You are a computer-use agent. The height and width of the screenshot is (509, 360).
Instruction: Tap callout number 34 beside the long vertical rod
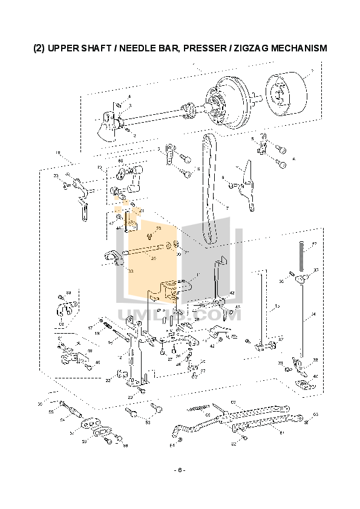point(313,314)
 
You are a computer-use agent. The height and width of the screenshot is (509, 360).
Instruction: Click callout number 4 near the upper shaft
point(128,97)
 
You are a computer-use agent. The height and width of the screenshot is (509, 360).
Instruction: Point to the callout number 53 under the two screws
point(147,423)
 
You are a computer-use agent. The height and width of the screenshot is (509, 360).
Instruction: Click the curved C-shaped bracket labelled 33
point(112,258)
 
